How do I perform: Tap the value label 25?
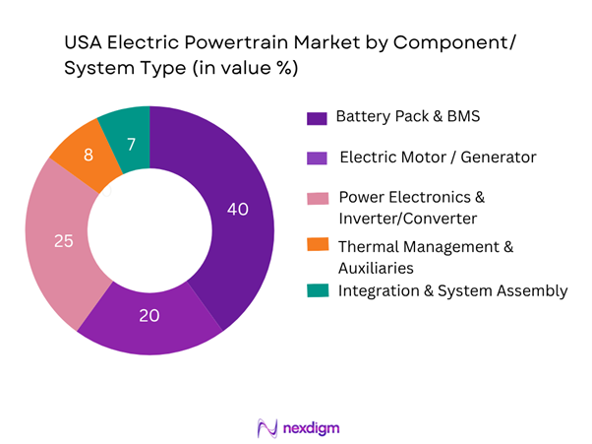[63, 240]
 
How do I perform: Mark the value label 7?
[133, 146]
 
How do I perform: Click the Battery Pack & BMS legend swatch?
[317, 118]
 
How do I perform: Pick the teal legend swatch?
[317, 291]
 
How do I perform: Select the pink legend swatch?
[317, 198]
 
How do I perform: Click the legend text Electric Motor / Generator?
[425, 157]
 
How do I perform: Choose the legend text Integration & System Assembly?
[452, 290]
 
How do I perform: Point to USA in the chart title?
[86, 43]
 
